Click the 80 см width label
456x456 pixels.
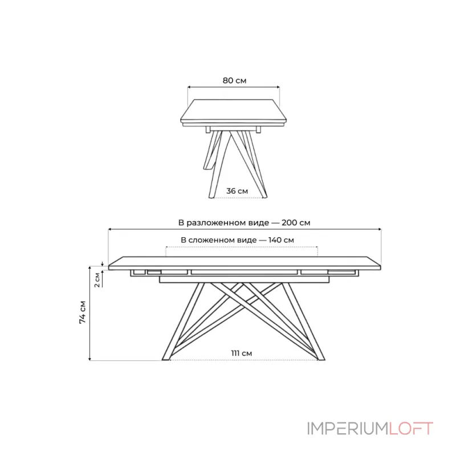click(x=234, y=80)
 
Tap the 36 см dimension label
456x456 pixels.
click(x=237, y=191)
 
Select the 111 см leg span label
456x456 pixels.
click(x=241, y=353)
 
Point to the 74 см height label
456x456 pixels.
click(x=83, y=312)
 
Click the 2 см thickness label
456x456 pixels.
click(x=97, y=280)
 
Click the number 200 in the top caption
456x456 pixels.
click(x=290, y=223)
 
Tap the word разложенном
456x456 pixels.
click(x=227, y=223)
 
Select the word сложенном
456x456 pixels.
click(x=222, y=240)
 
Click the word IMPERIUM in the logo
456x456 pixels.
click(x=348, y=429)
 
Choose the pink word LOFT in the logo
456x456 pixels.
click(x=411, y=429)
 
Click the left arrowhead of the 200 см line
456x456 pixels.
click(x=110, y=230)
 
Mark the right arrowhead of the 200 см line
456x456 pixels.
click(x=379, y=230)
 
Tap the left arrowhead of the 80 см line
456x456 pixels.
click(x=189, y=87)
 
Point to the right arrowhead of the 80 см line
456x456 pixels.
click(x=278, y=87)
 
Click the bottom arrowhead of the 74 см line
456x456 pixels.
click(x=90, y=359)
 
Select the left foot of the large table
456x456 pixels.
click(x=166, y=359)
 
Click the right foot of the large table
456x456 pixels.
click(x=321, y=359)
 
